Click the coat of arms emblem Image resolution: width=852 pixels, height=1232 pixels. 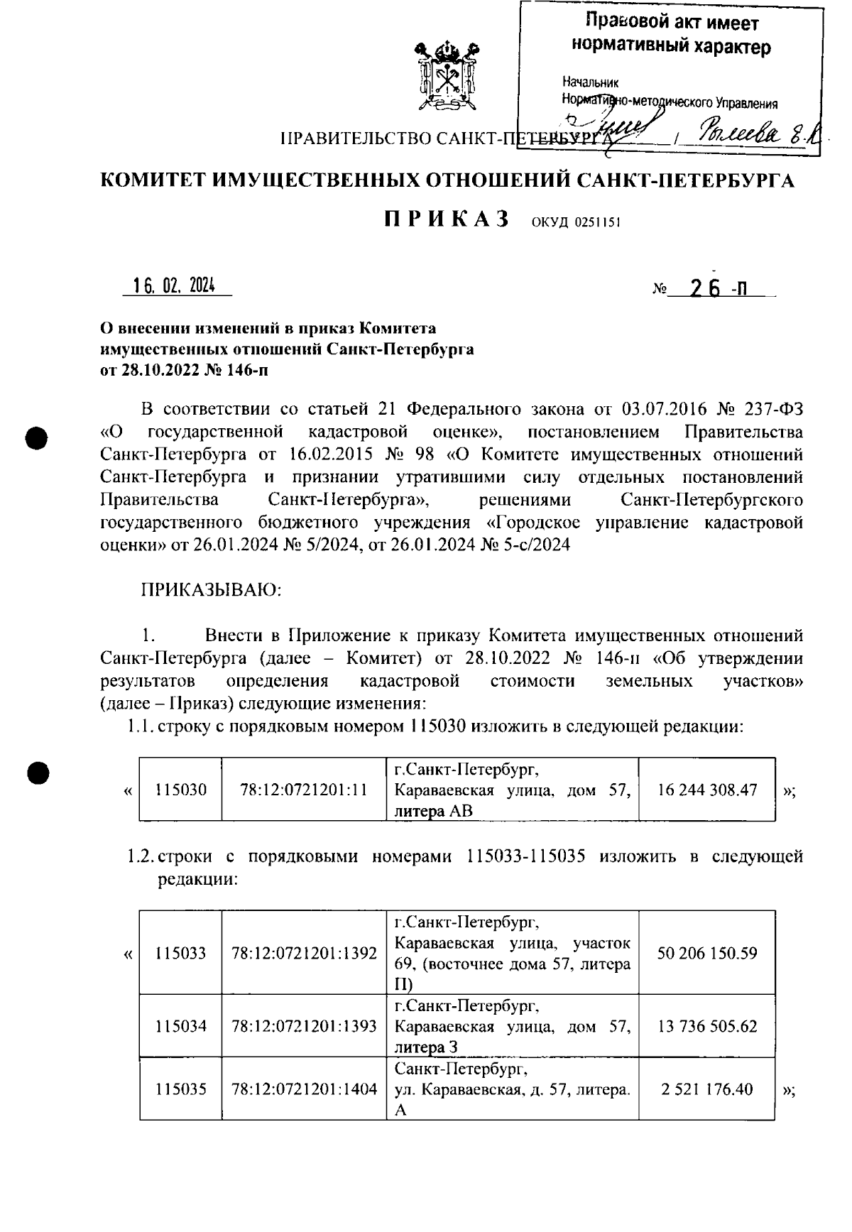tap(446, 76)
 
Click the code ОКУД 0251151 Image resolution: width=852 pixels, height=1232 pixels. tap(576, 222)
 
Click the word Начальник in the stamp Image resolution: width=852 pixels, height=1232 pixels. tap(590, 82)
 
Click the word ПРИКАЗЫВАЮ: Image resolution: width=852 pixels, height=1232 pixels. tap(212, 589)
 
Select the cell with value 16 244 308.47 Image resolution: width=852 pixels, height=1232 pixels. tap(707, 790)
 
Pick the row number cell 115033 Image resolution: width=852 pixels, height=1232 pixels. tap(181, 953)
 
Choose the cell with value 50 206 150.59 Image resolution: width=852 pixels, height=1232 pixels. tap(707, 953)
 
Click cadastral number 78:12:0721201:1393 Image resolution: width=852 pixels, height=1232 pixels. tap(304, 1026)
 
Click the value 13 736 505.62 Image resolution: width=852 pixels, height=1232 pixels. tap(707, 1026)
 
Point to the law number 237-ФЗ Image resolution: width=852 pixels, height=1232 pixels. tap(774, 409)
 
